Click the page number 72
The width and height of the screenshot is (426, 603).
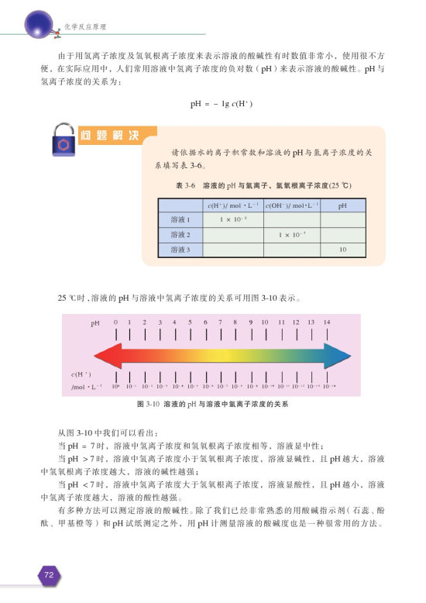pyautogui.click(x=48, y=575)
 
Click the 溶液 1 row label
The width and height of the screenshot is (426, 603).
pyautogui.click(x=180, y=220)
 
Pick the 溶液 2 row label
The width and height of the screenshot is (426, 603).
pyautogui.click(x=180, y=234)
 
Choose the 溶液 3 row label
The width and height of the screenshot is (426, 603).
pyautogui.click(x=180, y=249)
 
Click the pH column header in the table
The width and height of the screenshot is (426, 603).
pyautogui.click(x=341, y=206)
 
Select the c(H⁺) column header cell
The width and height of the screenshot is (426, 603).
pyautogui.click(x=232, y=206)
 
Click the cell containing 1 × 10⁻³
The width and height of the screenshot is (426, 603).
pyautogui.click(x=232, y=220)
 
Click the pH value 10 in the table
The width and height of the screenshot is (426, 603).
pyautogui.click(x=341, y=249)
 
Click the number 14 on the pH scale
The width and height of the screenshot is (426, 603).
pyautogui.click(x=328, y=322)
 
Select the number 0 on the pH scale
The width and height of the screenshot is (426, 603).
pyautogui.click(x=115, y=322)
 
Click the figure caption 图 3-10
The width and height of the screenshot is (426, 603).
pyautogui.click(x=213, y=405)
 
